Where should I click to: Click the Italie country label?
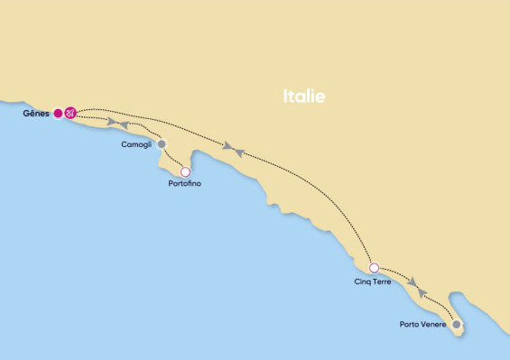tap(303, 97)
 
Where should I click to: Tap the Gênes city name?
tap(37, 114)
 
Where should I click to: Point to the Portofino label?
tap(184, 184)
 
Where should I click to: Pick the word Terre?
tap(382, 282)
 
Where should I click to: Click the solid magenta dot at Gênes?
tap(58, 113)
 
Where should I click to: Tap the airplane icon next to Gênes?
tap(70, 113)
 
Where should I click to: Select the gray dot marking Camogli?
tap(162, 143)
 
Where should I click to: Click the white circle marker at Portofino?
tap(185, 171)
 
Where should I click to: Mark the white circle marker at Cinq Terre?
tap(374, 268)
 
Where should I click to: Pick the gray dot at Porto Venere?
tap(457, 324)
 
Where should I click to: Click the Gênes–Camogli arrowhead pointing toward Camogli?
tap(112, 122)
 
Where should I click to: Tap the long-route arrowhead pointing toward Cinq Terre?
tap(228, 145)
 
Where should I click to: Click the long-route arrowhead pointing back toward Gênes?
tap(240, 152)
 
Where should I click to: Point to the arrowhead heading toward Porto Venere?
tap(412, 282)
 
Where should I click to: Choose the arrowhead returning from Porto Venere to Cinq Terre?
tap(422, 293)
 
